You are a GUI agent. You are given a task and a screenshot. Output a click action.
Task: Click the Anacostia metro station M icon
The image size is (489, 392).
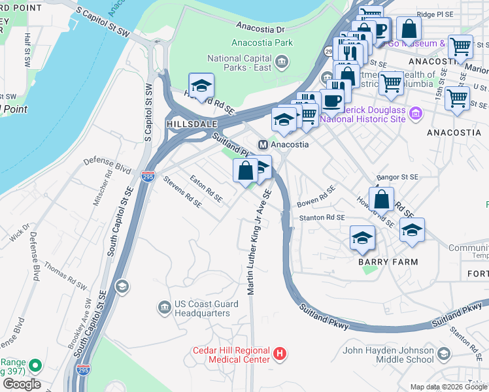coord(263,144)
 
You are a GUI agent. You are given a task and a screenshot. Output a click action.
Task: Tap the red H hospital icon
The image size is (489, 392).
coord(280,354)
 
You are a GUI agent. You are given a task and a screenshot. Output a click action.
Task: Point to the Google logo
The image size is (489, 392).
coord(21,384)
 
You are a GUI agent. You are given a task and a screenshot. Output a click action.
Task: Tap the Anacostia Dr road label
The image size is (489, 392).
coord(261,29)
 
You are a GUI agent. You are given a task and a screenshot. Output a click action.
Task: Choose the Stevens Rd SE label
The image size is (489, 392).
coord(182,191)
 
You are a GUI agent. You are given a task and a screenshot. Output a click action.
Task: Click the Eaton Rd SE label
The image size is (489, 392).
coord(205,188)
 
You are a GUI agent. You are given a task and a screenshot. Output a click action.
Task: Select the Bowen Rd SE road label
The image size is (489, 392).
coord(316,195)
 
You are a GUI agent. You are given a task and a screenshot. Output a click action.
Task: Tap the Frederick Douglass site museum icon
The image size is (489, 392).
coord(414,114)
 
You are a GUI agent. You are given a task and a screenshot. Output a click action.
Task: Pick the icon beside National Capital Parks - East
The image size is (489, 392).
coord(282,63)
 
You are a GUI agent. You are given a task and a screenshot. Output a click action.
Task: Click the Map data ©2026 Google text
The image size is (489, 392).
coord(448,387)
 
